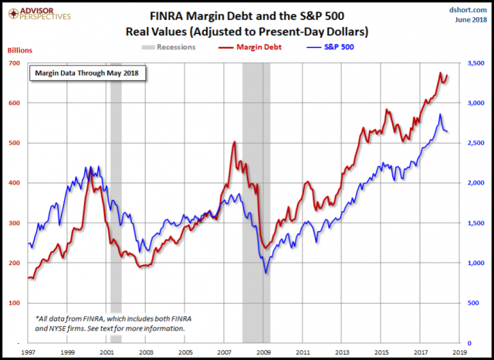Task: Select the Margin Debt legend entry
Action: coord(245,48)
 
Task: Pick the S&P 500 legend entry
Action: coord(322,48)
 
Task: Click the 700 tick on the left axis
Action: coord(15,63)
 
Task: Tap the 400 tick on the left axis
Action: coord(15,182)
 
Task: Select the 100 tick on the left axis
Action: coord(15,303)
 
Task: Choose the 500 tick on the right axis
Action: coord(472,303)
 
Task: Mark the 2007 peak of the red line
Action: coord(234,142)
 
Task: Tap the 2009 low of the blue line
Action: coord(266,272)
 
